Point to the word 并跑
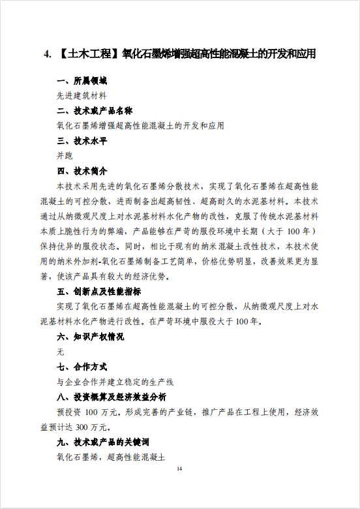[65, 155]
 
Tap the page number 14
[180, 469]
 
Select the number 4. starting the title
[48, 54]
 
